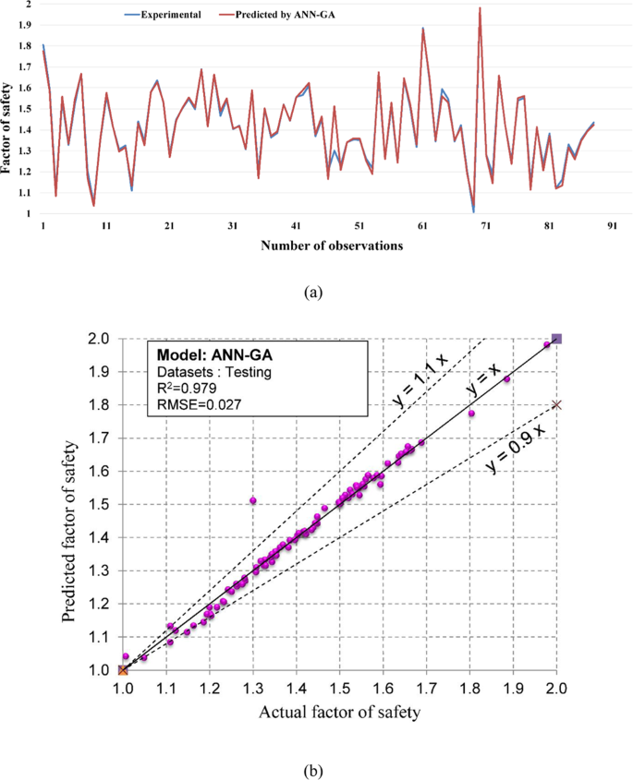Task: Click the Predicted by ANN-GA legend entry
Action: pyautogui.click(x=281, y=16)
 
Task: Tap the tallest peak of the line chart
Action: pyautogui.click(x=480, y=8)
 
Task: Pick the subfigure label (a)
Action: pyautogui.click(x=315, y=291)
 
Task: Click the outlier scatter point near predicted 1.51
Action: pyautogui.click(x=252, y=500)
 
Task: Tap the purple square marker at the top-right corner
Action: pyautogui.click(x=555, y=339)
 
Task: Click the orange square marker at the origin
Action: pyautogui.click(x=123, y=669)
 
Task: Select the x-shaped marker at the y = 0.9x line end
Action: pyautogui.click(x=555, y=404)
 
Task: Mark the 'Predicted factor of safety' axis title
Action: pyautogui.click(x=71, y=503)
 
